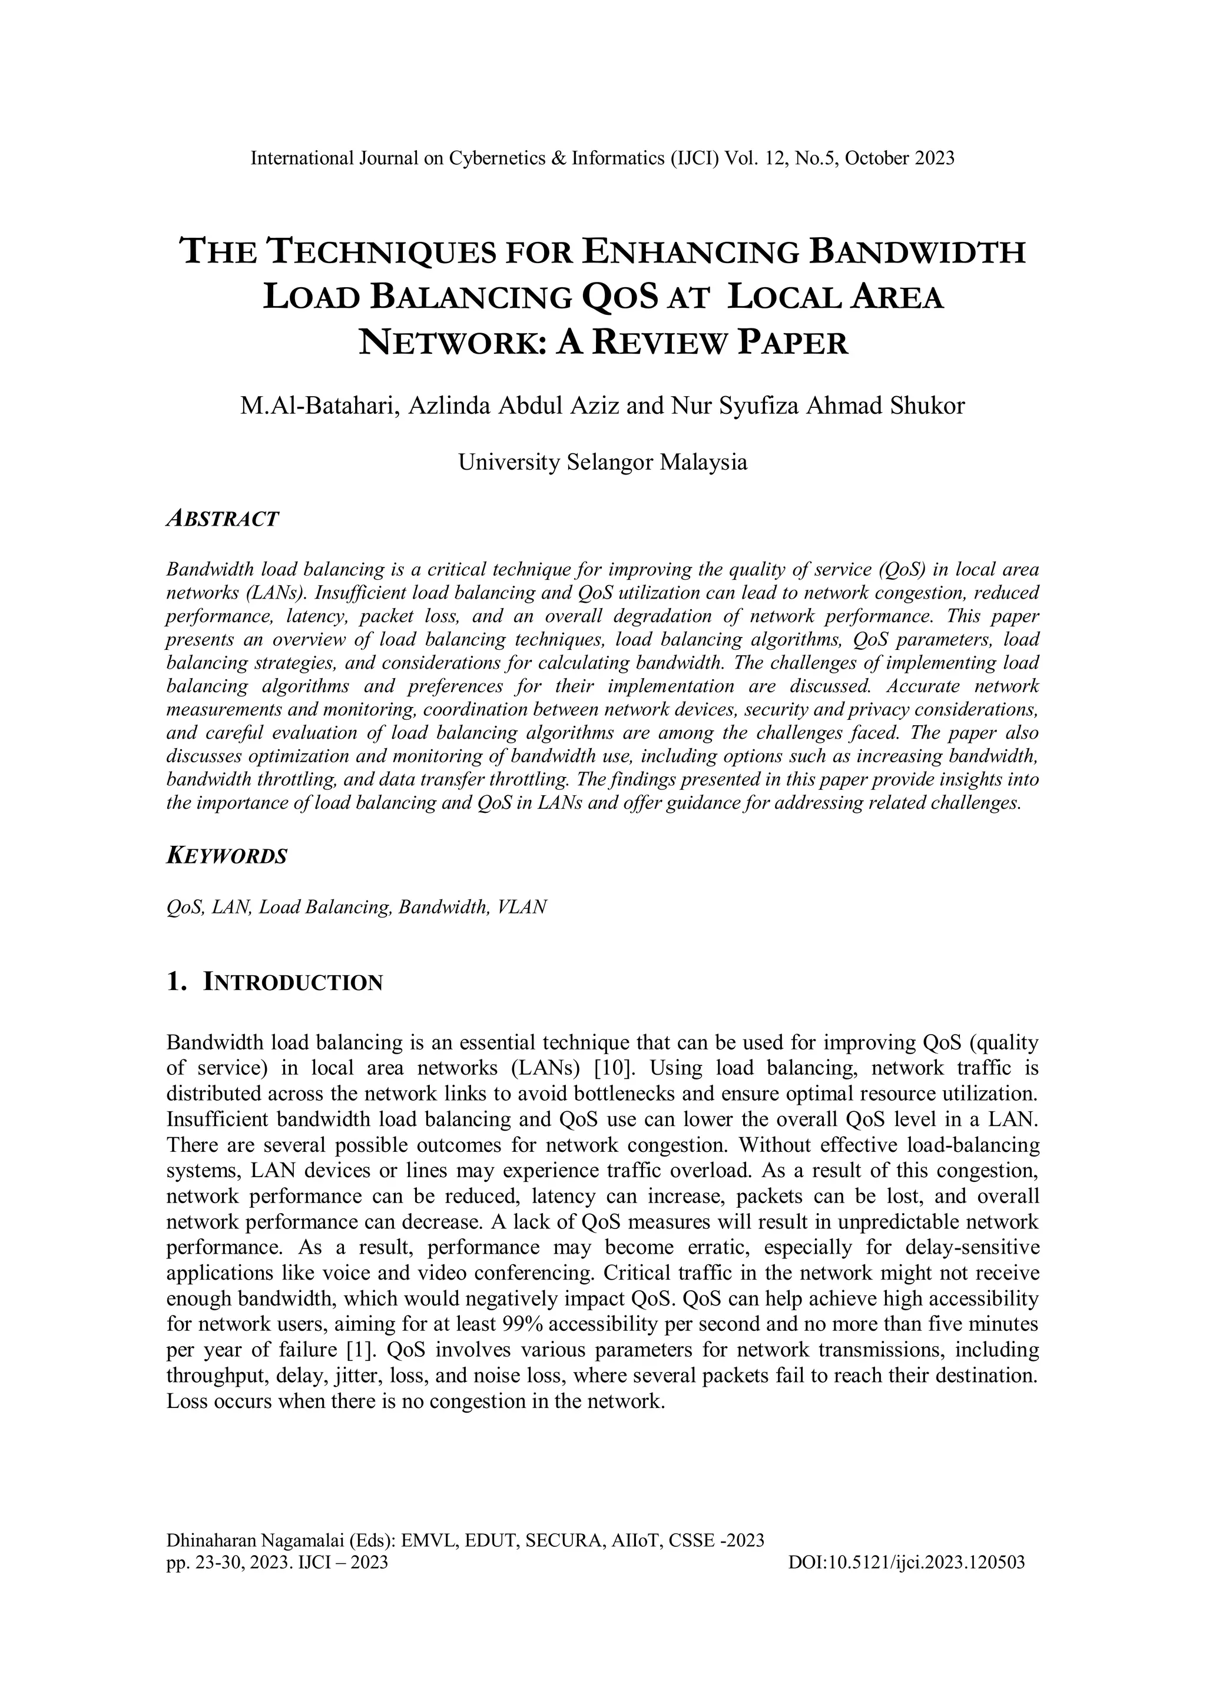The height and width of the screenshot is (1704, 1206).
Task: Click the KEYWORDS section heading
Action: pos(227,856)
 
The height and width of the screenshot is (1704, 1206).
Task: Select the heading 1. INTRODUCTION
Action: pos(275,982)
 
